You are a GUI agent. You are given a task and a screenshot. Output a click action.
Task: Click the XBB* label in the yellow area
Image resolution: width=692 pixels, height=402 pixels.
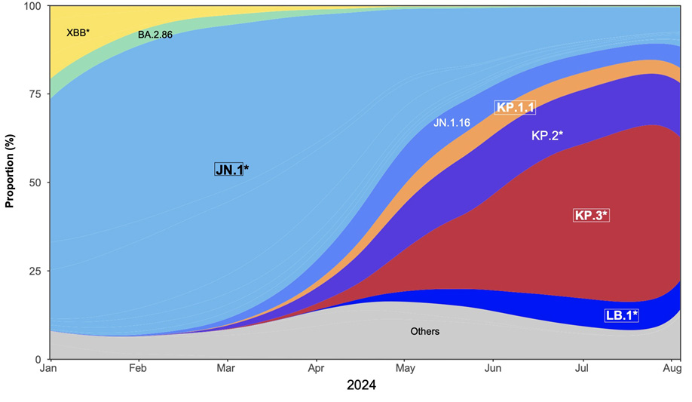(78, 32)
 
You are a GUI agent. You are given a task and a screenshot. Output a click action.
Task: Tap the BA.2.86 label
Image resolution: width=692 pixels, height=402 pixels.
(155, 35)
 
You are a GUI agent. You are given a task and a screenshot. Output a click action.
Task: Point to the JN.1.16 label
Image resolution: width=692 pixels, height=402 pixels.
(452, 121)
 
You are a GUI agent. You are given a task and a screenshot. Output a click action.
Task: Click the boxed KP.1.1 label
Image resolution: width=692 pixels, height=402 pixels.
(515, 108)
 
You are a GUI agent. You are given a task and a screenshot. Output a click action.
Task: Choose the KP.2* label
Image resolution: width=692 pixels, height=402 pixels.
(547, 135)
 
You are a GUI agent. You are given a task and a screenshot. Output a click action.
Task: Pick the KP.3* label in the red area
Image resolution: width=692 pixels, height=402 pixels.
(591, 215)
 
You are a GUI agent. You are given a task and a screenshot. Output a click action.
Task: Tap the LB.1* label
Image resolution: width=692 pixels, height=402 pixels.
(621, 315)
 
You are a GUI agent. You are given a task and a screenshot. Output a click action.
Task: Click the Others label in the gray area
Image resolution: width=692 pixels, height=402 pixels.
(424, 331)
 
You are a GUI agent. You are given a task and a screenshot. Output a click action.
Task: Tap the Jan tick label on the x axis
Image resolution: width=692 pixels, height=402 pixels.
(49, 369)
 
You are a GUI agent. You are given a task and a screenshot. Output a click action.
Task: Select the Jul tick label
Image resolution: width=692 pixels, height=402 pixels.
(582, 369)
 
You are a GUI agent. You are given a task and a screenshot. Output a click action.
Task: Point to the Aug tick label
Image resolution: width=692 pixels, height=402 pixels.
(672, 369)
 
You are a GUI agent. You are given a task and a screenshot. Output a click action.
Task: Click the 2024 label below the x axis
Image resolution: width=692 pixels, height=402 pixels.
(361, 386)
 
